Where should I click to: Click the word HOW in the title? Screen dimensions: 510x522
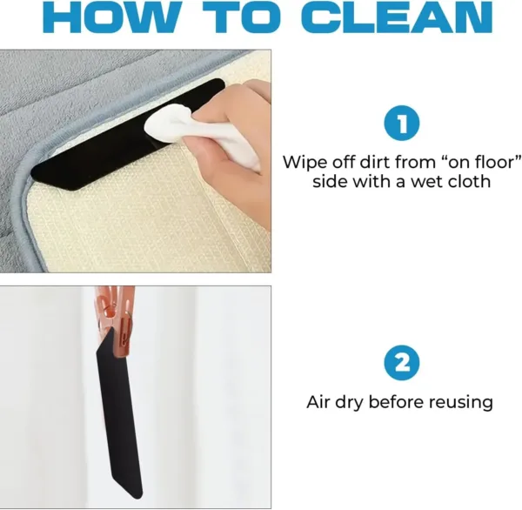[x=116, y=19]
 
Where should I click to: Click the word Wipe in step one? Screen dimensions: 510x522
[x=301, y=163]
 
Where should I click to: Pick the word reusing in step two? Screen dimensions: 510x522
[x=461, y=402]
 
